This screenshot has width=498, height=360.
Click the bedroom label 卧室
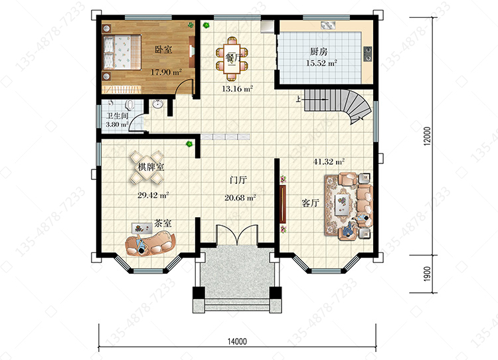tap(163, 50)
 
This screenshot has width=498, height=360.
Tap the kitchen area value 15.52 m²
tap(321, 63)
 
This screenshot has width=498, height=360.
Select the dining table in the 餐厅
tap(232, 58)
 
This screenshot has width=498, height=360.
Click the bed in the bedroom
tap(122, 52)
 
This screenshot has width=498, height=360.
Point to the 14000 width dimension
tap(237, 341)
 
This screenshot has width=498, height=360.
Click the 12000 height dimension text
tap(428, 136)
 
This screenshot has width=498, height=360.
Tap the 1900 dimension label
tap(428, 274)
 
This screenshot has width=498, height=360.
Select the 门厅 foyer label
tap(238, 180)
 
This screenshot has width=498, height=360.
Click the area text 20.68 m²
tap(240, 198)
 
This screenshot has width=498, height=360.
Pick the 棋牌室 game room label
tap(151, 167)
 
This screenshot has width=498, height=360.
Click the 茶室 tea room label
tap(163, 223)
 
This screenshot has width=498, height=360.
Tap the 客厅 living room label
tap(310, 203)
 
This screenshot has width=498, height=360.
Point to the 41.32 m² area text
tap(329, 161)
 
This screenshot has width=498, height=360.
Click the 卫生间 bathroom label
tap(117, 116)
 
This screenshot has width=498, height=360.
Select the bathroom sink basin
tap(157, 104)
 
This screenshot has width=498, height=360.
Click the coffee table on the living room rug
tap(343, 203)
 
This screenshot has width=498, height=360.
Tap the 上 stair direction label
tap(298, 99)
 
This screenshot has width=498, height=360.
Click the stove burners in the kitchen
tap(367, 53)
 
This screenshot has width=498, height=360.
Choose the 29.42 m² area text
tap(153, 195)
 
